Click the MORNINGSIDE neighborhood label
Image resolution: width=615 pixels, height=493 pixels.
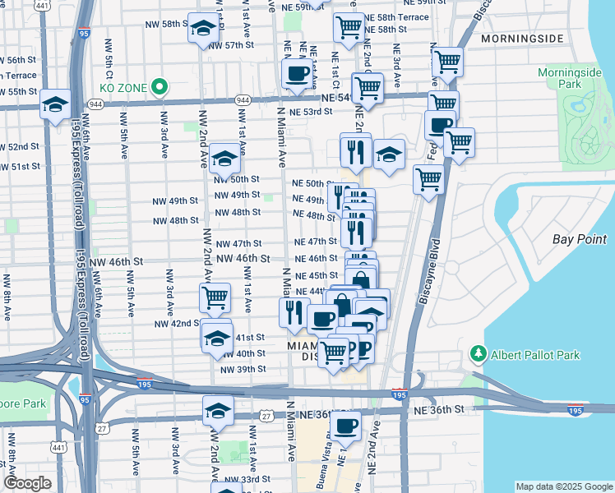pyautogui.click(x=522, y=39)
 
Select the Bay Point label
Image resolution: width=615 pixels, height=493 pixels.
pyautogui.click(x=573, y=239)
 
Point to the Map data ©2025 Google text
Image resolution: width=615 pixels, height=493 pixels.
pyautogui.click(x=563, y=486)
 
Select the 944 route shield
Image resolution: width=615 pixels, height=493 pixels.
pyautogui.click(x=242, y=99)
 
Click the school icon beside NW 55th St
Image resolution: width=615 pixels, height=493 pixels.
pyautogui.click(x=55, y=104)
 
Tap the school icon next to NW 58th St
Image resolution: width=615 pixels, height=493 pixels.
pyautogui.click(x=201, y=30)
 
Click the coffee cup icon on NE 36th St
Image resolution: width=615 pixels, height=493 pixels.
pyautogui.click(x=347, y=425)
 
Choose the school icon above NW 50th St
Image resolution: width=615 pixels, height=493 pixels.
pyautogui.click(x=224, y=157)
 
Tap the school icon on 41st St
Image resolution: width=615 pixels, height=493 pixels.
pyautogui.click(x=216, y=339)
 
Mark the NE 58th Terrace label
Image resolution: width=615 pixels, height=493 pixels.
pyautogui.click(x=396, y=16)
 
